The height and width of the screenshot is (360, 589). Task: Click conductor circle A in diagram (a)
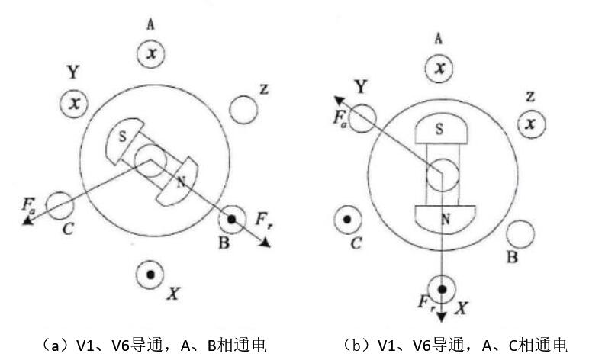(152, 53)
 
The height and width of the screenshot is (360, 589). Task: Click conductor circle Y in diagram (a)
(75, 103)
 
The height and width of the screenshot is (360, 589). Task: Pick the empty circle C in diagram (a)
(60, 204)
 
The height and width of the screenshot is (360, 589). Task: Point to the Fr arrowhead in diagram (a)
(266, 243)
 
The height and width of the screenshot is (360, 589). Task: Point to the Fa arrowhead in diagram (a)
(28, 220)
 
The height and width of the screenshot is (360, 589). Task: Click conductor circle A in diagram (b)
(439, 69)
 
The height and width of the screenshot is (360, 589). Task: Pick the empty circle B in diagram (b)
(520, 233)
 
